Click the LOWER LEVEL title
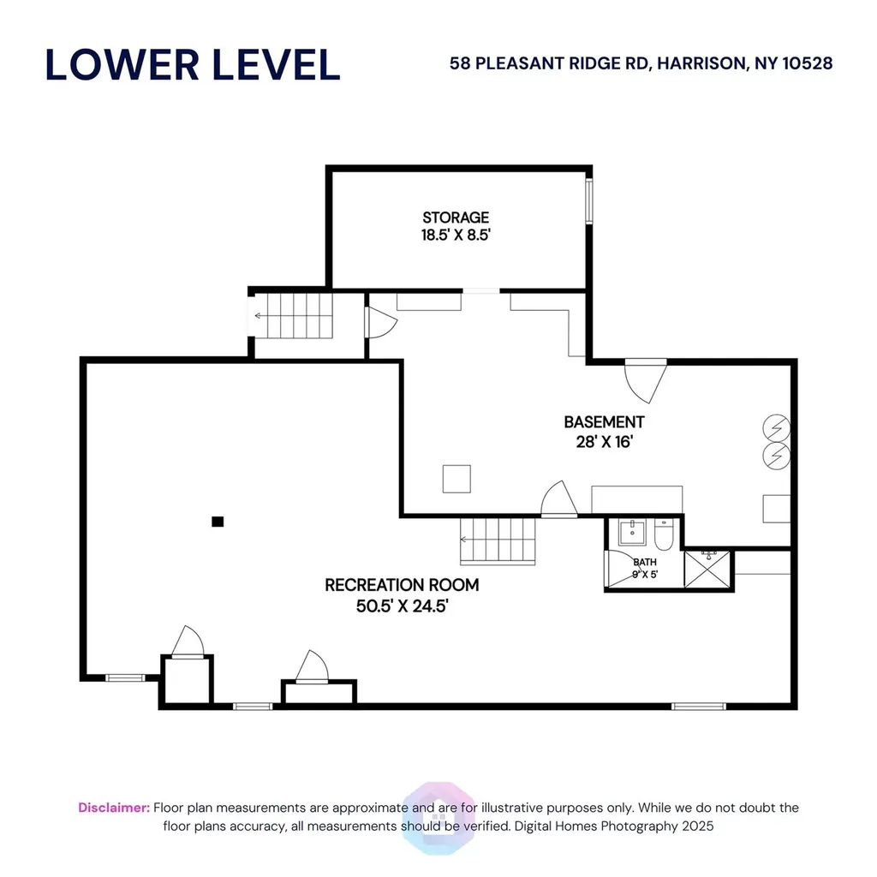tap(193, 65)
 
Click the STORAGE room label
tap(456, 217)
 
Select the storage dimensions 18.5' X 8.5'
tap(456, 235)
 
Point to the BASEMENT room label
tap(604, 421)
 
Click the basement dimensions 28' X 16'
tap(604, 442)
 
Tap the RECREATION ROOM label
tap(402, 585)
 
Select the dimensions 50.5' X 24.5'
tap(403, 606)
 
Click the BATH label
tap(645, 562)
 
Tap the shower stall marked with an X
tap(707, 570)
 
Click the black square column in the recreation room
tap(218, 522)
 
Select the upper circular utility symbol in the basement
tap(776, 428)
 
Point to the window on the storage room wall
tap(589, 201)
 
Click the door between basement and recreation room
tap(559, 499)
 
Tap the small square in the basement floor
tap(456, 479)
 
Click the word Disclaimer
tap(114, 808)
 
